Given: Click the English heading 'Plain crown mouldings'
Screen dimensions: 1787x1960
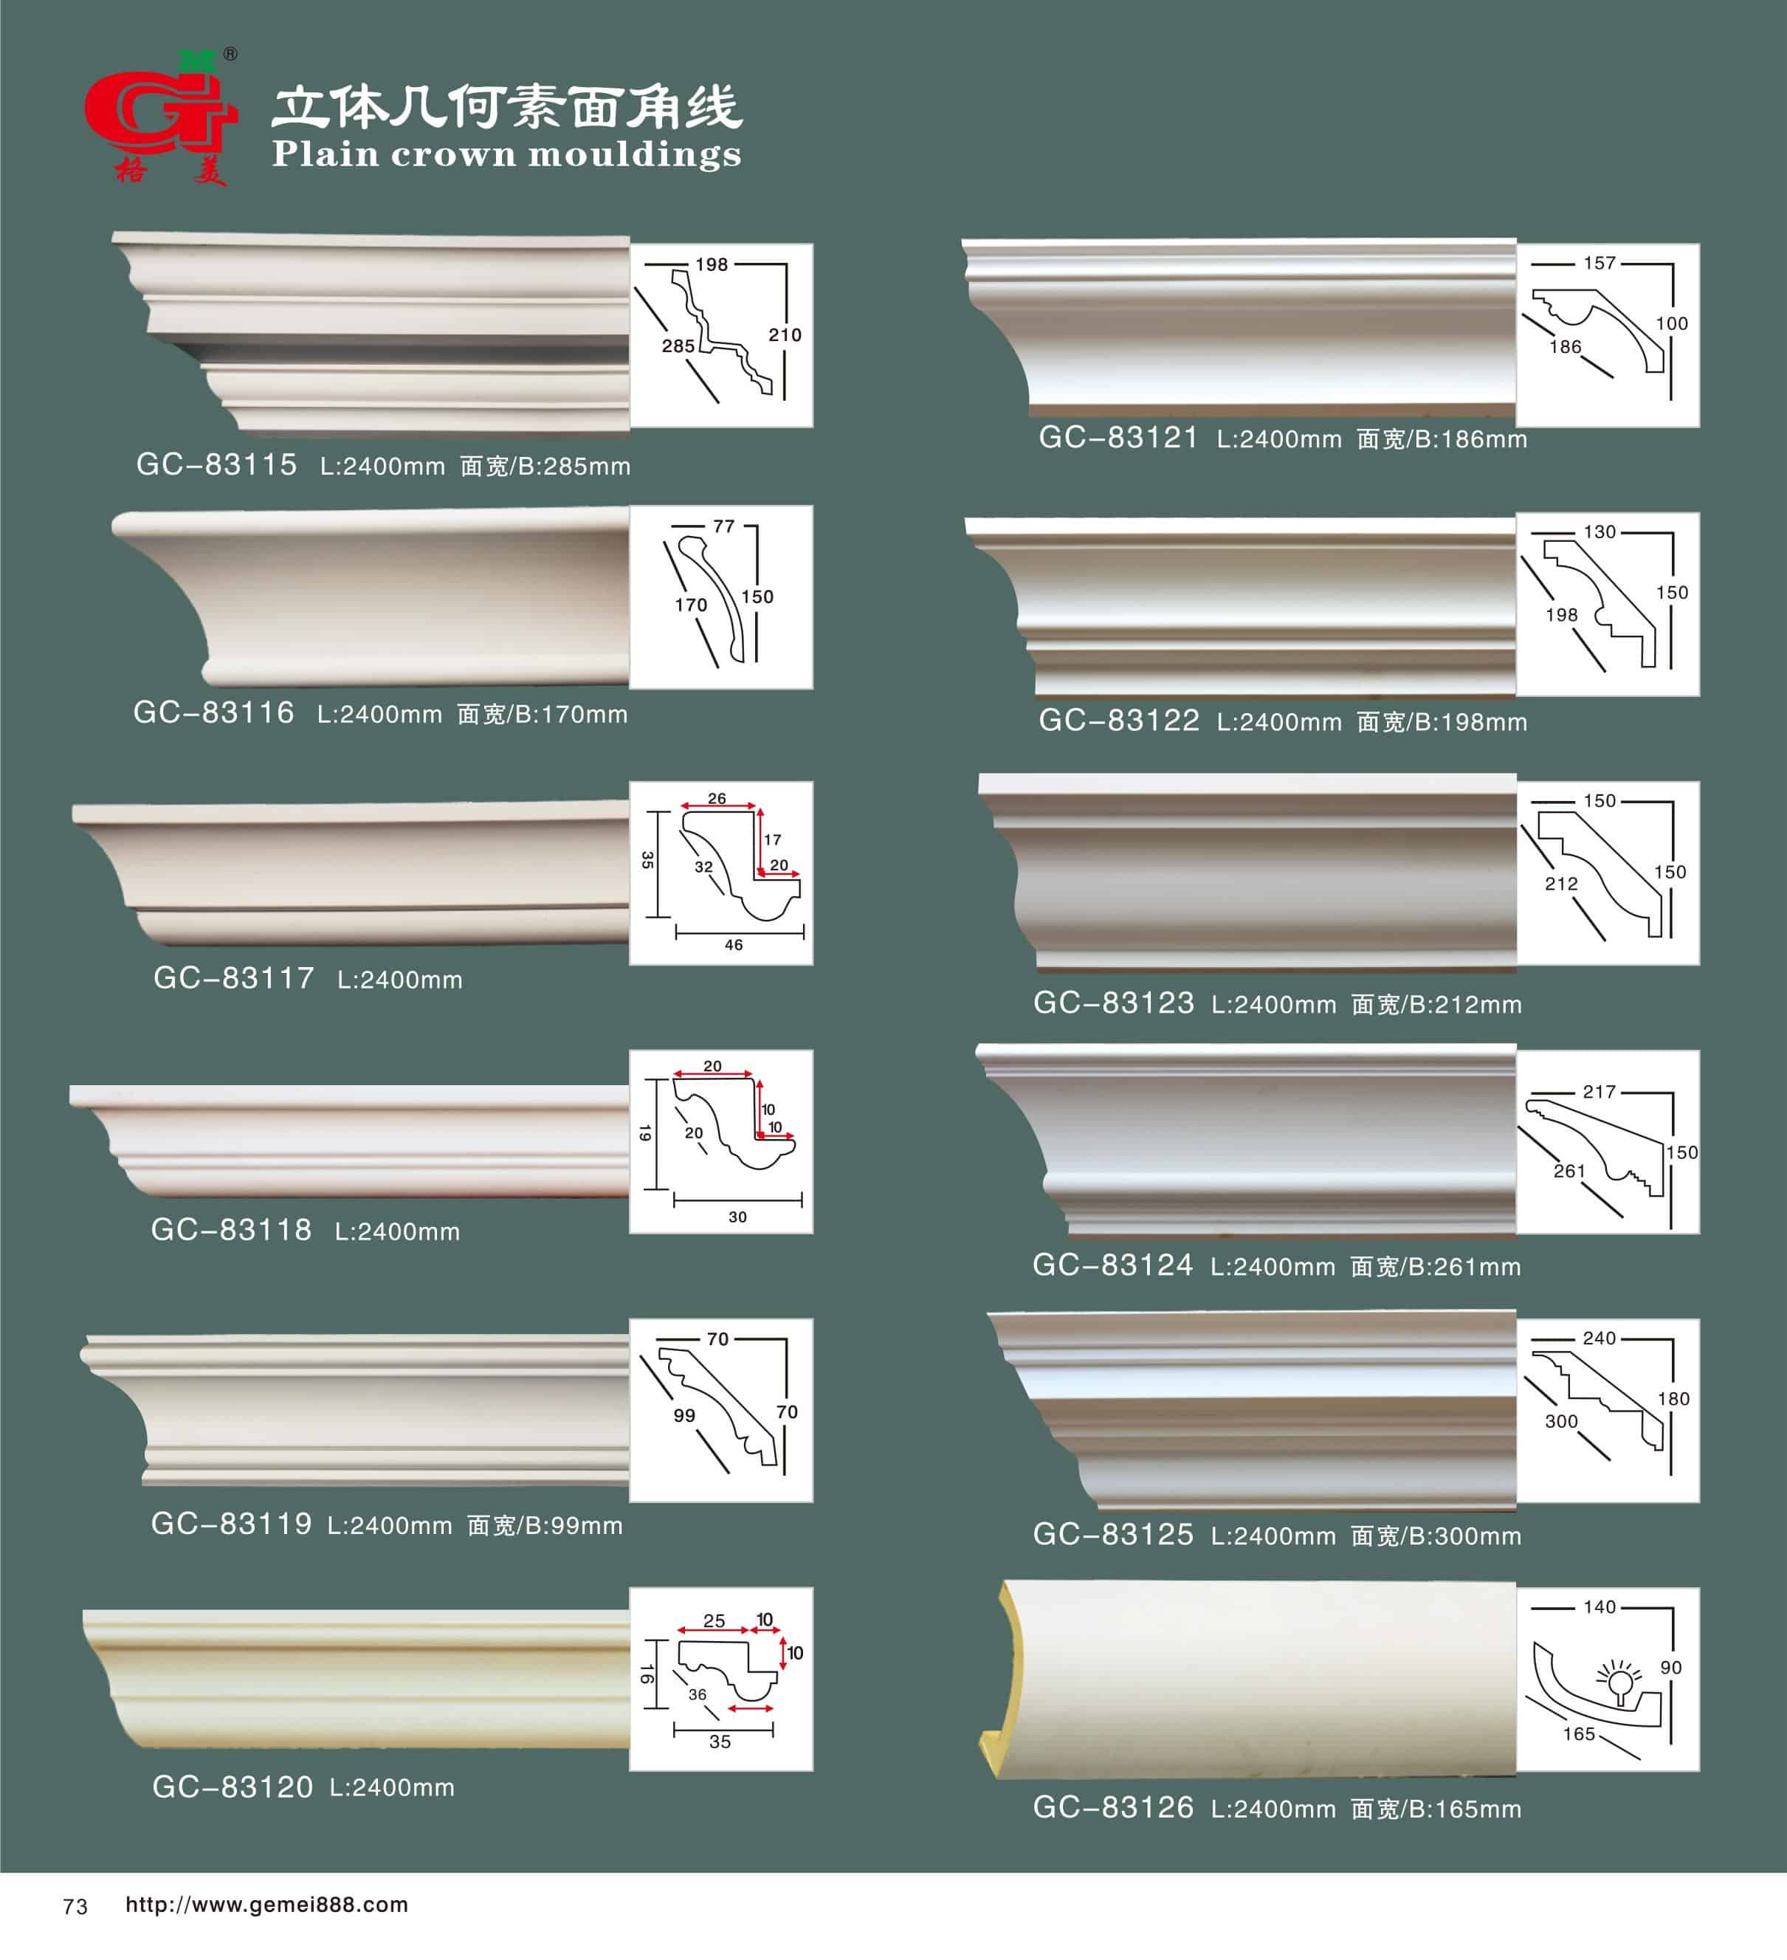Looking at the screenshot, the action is [506, 154].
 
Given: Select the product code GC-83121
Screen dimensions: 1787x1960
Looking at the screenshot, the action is [1119, 438].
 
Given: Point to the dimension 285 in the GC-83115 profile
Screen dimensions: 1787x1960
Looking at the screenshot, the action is [678, 346].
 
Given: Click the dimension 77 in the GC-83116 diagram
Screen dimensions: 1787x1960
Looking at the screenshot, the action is [723, 526].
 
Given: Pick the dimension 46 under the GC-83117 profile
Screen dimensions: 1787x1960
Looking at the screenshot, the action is [733, 945].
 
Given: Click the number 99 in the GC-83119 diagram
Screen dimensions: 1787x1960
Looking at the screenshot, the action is [684, 1416].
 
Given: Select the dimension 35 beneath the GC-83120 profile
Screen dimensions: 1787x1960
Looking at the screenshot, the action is [720, 1741].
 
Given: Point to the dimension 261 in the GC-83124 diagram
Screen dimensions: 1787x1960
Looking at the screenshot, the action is [1569, 1172].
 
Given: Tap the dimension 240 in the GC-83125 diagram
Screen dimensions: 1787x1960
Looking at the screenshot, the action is [1600, 1338].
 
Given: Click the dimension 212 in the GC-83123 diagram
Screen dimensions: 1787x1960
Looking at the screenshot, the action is [1561, 884].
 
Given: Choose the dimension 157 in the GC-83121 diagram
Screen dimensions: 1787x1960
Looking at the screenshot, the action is [1600, 263].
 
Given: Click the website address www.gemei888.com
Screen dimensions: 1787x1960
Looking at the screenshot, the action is [266, 1905].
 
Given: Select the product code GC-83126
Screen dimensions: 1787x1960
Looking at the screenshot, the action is [1113, 1807].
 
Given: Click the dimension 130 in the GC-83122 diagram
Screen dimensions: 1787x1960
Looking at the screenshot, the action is [1600, 532].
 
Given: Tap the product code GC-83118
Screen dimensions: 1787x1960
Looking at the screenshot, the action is [231, 1230].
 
